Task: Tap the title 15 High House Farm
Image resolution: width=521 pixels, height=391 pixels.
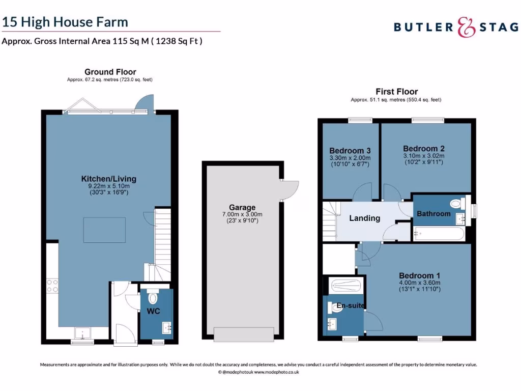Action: pyautogui.click(x=65, y=22)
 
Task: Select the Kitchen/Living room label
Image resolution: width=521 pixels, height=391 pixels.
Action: pyautogui.click(x=109, y=179)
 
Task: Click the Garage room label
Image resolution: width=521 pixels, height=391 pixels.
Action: pyautogui.click(x=242, y=207)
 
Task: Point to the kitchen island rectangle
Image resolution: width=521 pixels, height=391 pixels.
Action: pyautogui.click(x=104, y=227)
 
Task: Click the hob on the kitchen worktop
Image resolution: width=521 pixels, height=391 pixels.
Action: pyautogui.click(x=52, y=286)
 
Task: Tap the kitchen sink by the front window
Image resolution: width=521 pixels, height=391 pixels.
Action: pyautogui.click(x=82, y=333)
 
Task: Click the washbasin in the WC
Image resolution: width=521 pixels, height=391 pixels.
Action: pyautogui.click(x=166, y=326)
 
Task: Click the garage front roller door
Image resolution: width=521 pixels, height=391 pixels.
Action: pyautogui.click(x=243, y=334)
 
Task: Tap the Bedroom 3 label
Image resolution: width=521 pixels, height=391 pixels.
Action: pyautogui.click(x=350, y=151)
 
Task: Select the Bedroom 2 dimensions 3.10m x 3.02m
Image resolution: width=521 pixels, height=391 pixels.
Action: pyautogui.click(x=424, y=156)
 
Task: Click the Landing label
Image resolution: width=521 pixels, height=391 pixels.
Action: pyautogui.click(x=364, y=218)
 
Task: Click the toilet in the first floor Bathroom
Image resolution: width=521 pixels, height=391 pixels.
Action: pyautogui.click(x=457, y=204)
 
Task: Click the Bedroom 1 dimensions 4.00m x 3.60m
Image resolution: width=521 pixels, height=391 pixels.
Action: pyautogui.click(x=419, y=283)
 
